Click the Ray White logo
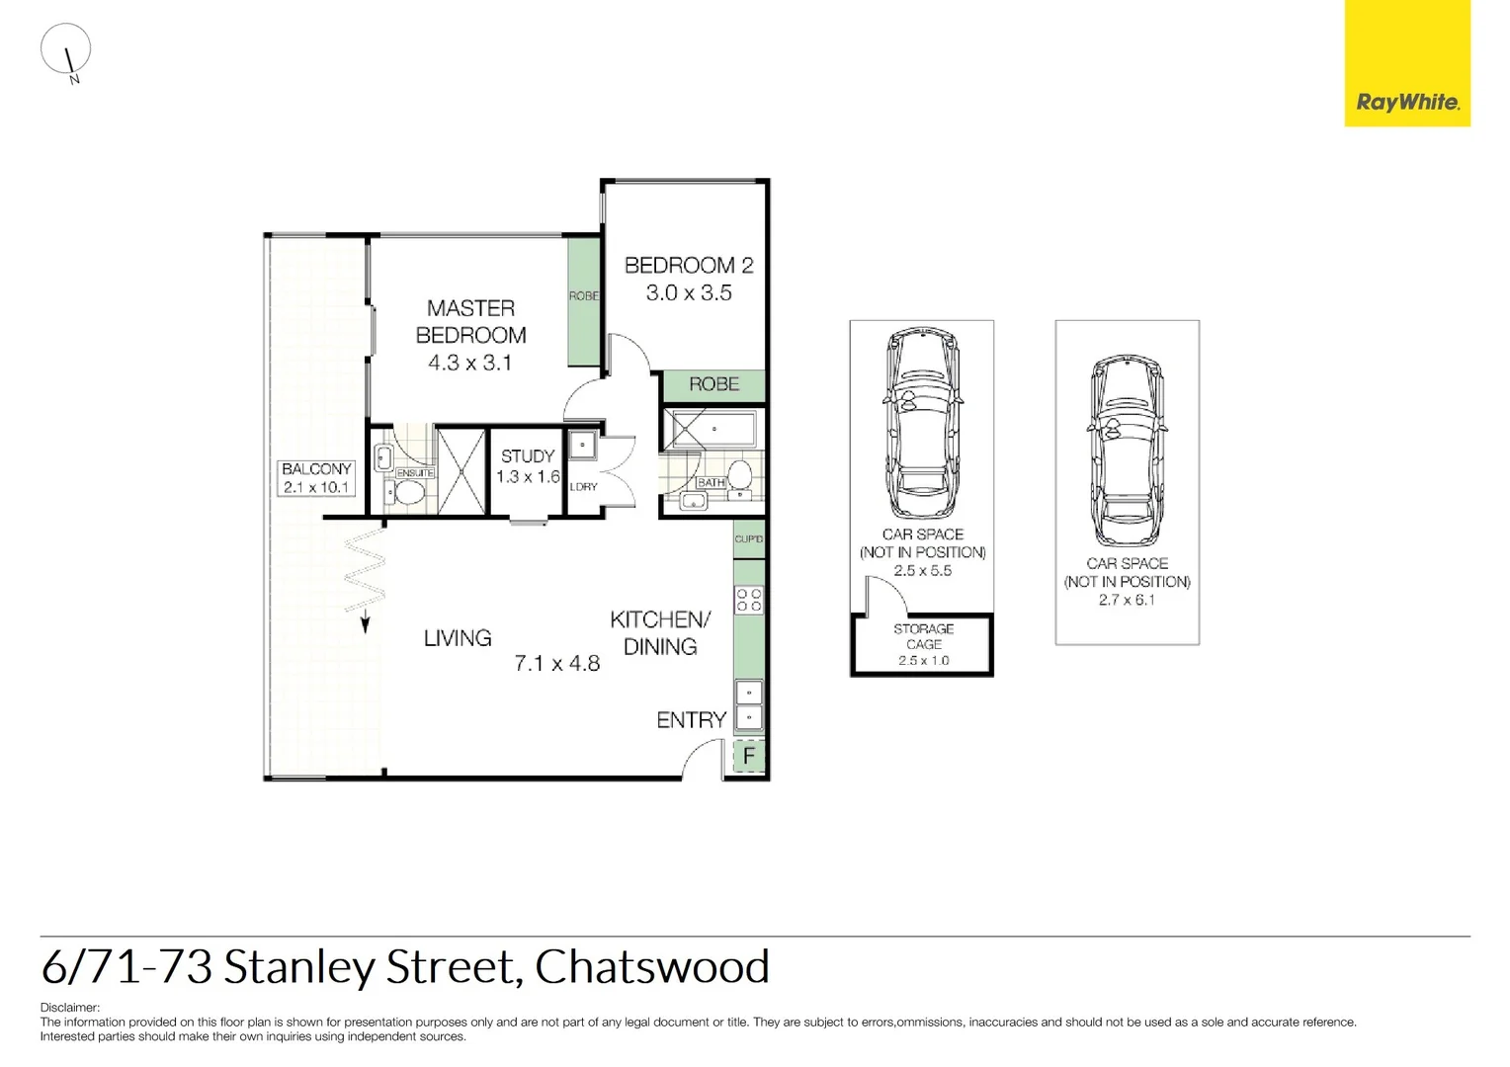[1406, 63]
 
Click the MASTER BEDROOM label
[470, 322]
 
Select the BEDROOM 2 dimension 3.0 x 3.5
[689, 293]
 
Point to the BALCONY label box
[316, 478]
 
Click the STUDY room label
[528, 456]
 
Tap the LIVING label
[458, 638]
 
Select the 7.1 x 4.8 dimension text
[557, 664]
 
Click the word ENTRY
[692, 720]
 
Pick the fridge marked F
[749, 757]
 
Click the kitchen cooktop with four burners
[749, 600]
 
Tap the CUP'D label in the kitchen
[748, 539]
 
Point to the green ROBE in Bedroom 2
[713, 384]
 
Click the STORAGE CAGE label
[923, 636]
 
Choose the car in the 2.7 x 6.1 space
[1128, 452]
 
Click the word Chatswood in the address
[652, 967]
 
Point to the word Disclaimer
[69, 1008]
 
